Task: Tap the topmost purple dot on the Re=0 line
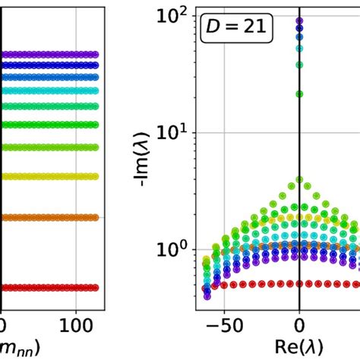click(x=299, y=21)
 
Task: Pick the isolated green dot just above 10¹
click(x=299, y=94)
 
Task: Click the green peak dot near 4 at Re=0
click(x=299, y=180)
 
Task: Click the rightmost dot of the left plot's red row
click(x=95, y=288)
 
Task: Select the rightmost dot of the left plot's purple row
click(x=95, y=55)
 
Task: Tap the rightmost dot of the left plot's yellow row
click(x=95, y=176)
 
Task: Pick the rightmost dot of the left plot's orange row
click(x=95, y=217)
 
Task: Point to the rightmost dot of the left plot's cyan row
click(x=95, y=90)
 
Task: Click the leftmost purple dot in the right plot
click(x=207, y=289)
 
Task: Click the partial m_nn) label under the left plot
click(x=21, y=347)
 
